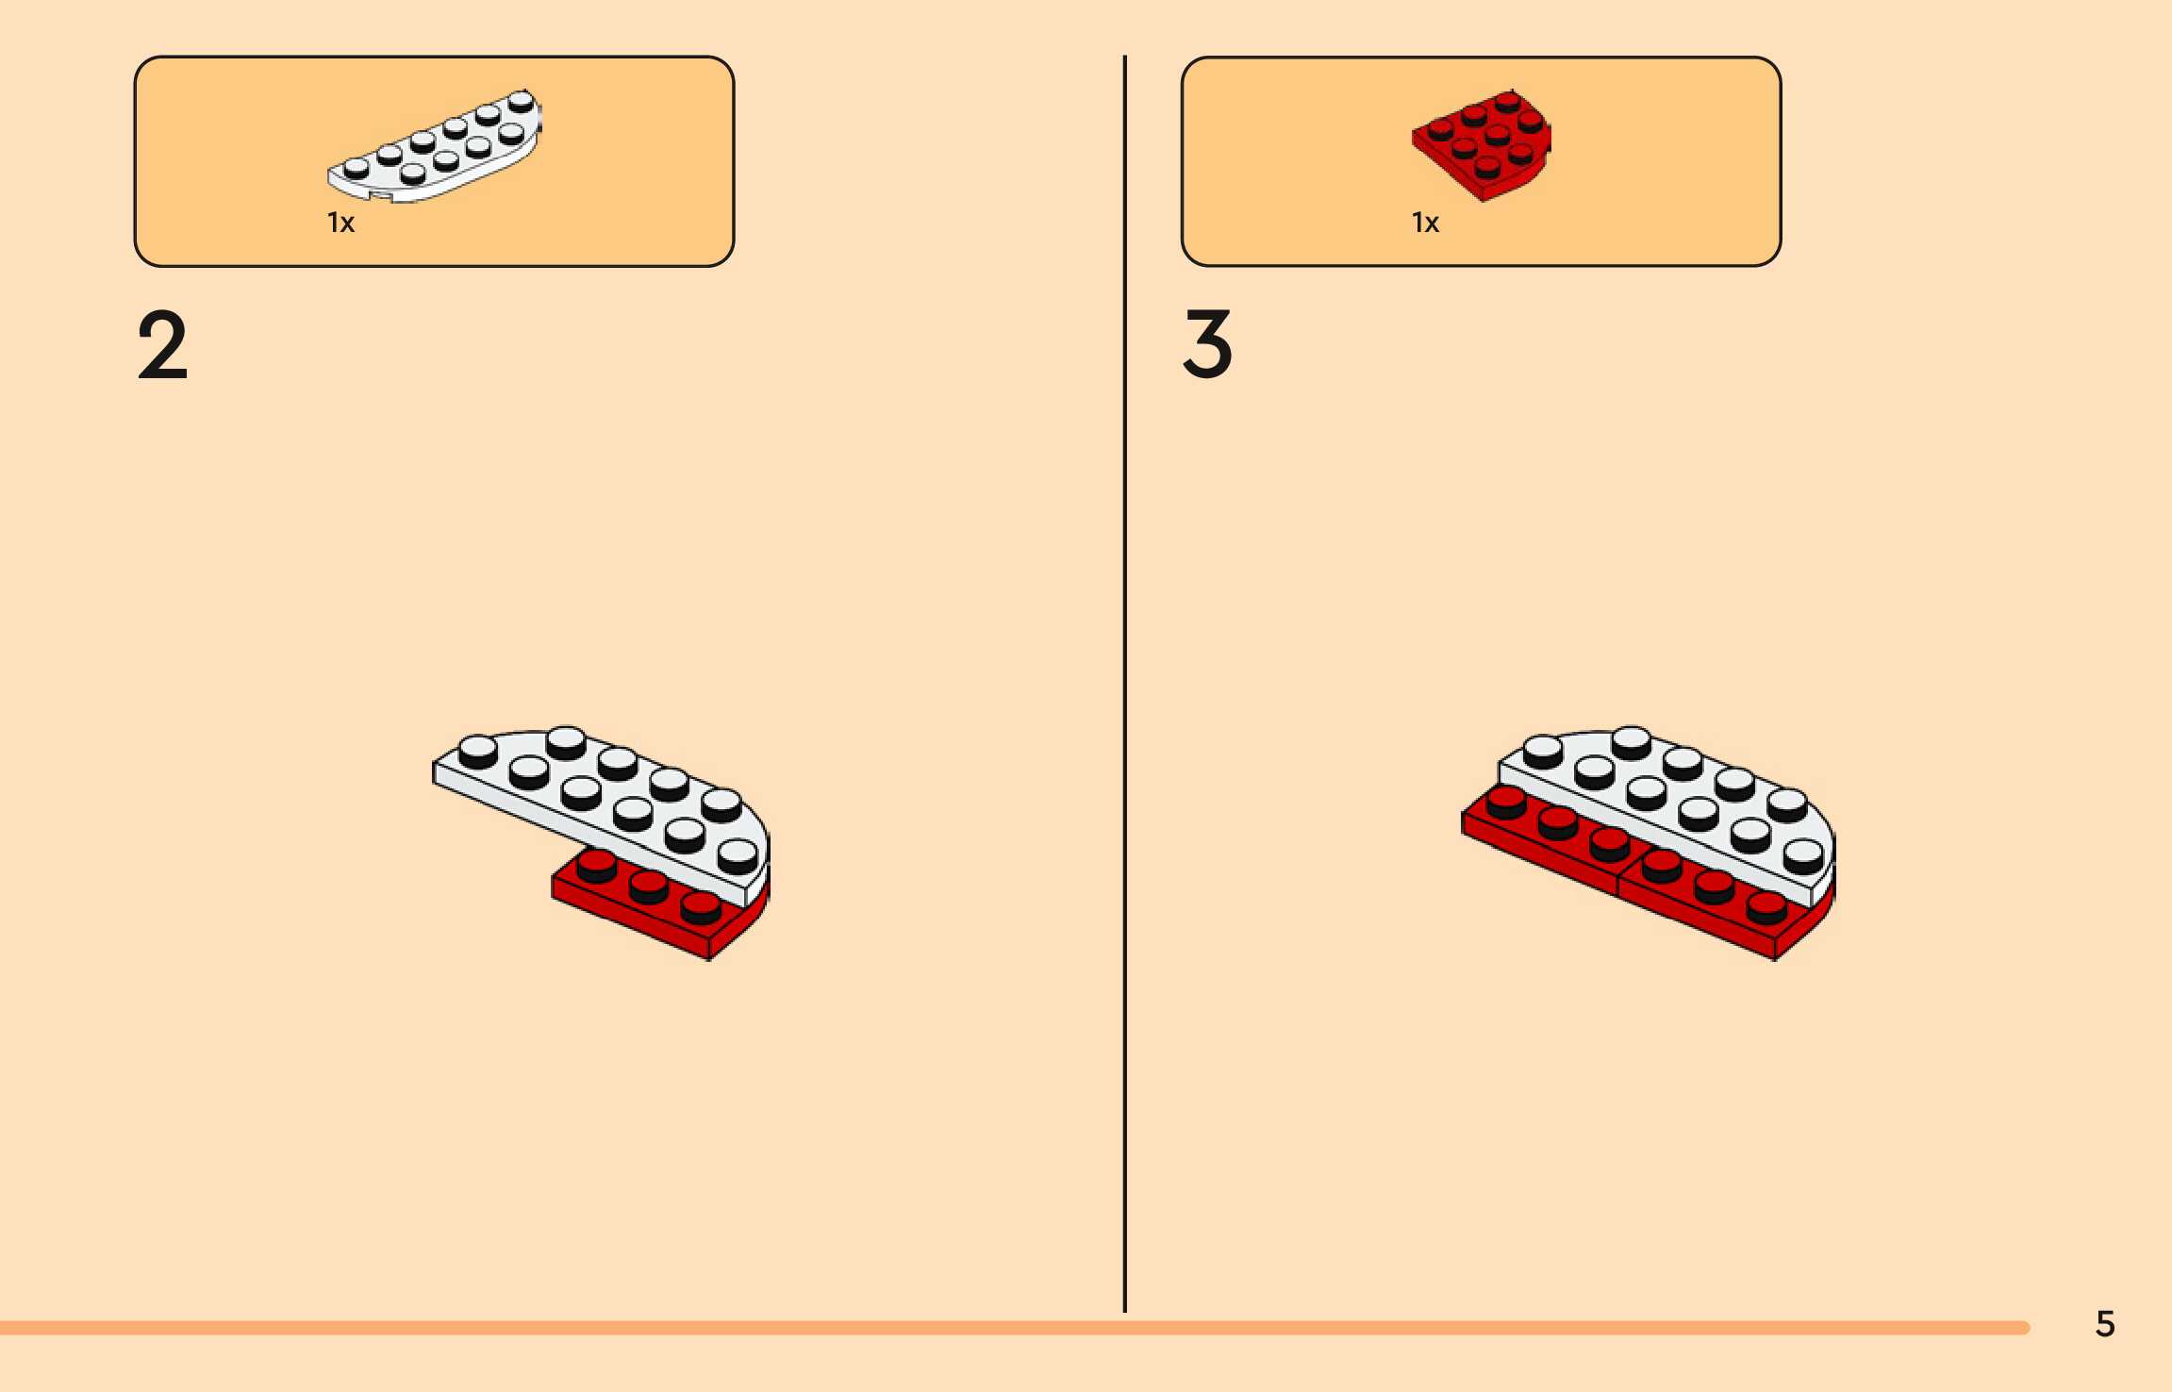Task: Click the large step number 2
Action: (x=162, y=346)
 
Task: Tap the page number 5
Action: (x=2105, y=1324)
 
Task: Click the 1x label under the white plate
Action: (x=340, y=224)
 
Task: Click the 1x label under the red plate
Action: (x=1425, y=224)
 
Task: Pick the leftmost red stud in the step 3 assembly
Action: (x=1505, y=801)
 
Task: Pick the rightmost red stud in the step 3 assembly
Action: (x=1766, y=907)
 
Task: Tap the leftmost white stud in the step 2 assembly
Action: (x=477, y=750)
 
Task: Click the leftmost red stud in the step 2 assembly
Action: (x=596, y=863)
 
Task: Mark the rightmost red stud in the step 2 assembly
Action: (x=701, y=907)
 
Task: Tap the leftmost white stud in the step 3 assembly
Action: (x=1543, y=750)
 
